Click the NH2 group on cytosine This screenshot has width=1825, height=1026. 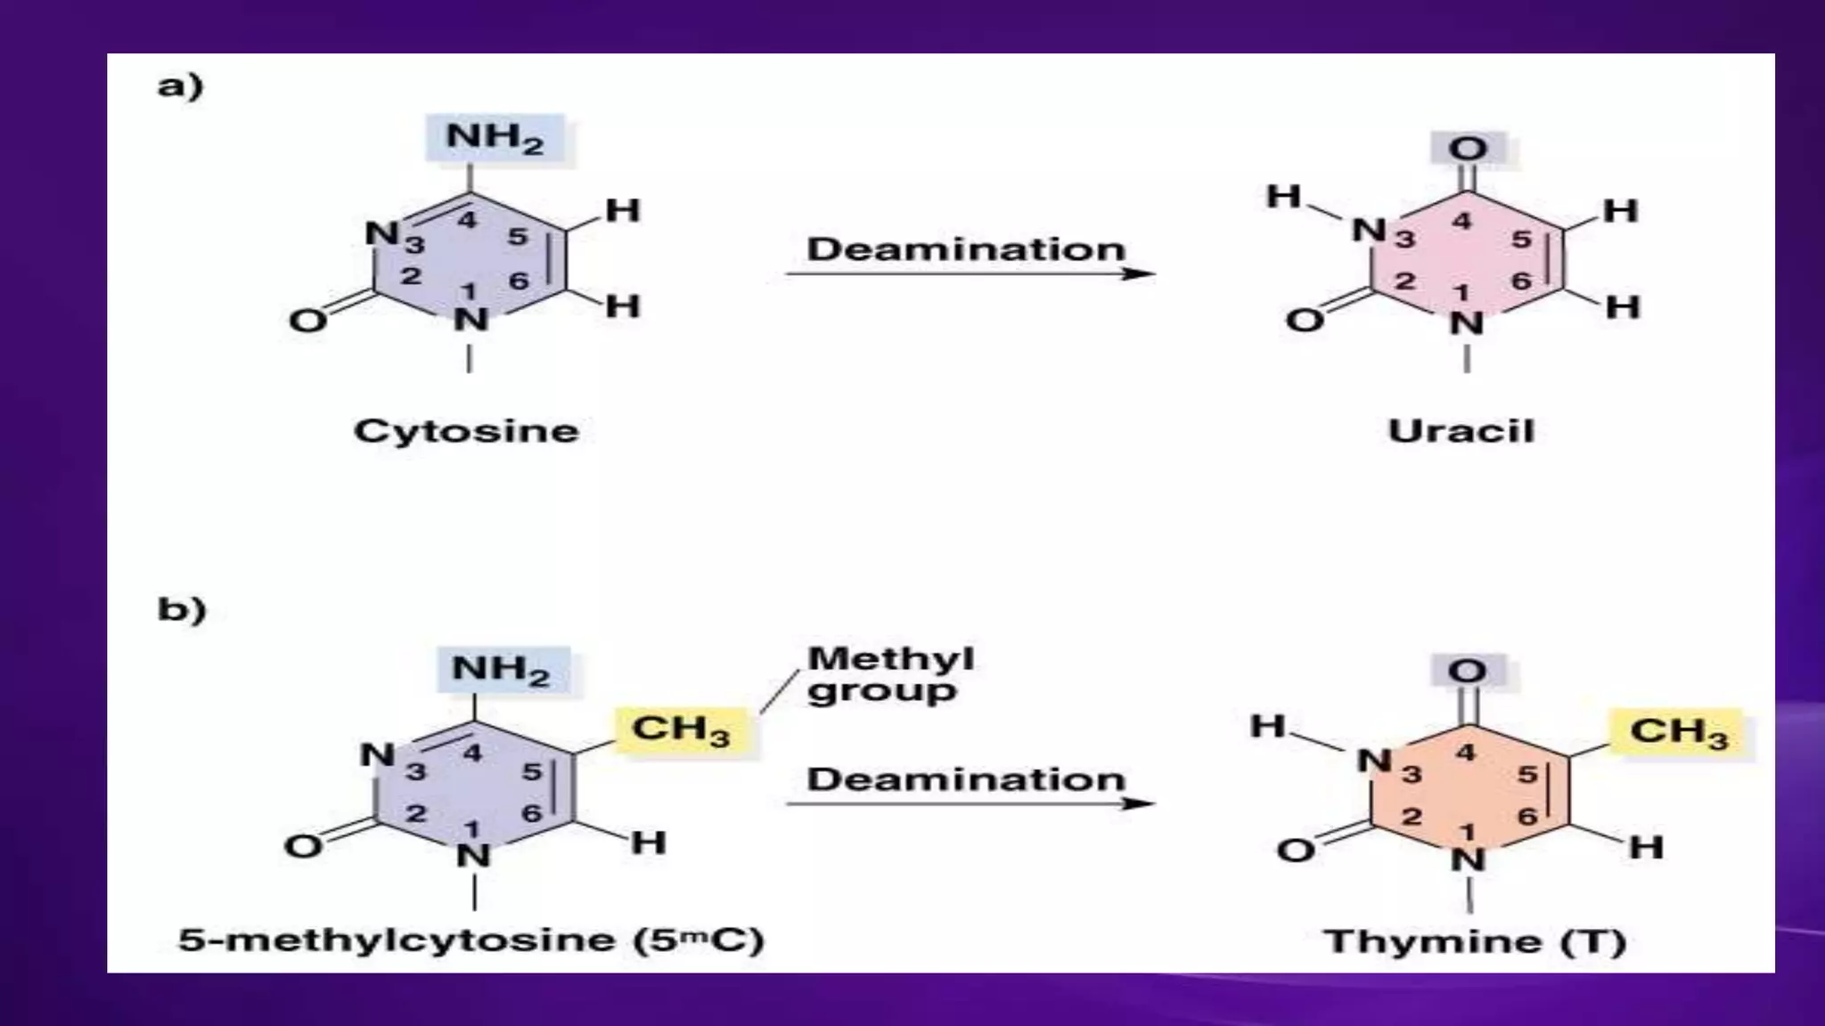[495, 138]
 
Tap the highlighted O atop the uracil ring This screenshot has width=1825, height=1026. [1467, 148]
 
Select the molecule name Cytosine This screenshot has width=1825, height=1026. [466, 431]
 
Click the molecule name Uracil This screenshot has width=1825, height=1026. [1461, 431]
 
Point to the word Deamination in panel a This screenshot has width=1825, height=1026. [966, 248]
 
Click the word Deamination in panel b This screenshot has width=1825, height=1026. [966, 779]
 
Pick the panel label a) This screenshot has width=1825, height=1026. [180, 86]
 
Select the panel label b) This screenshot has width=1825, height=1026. [181, 609]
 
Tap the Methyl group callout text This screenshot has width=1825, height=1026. [888, 674]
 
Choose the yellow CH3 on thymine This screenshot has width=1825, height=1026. [1679, 732]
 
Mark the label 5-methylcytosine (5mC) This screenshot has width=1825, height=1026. [471, 940]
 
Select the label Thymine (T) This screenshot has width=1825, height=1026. [1475, 941]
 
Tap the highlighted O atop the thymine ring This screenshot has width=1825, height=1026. [1467, 670]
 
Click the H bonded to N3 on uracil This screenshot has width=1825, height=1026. [1283, 196]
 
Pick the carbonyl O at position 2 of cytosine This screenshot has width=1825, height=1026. [307, 320]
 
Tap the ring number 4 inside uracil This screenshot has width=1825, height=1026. [1461, 220]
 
